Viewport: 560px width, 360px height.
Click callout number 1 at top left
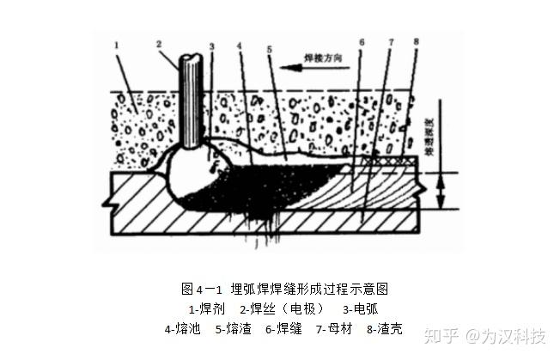point(119,41)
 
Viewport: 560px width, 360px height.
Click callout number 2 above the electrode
point(159,42)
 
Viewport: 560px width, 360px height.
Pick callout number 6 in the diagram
point(362,41)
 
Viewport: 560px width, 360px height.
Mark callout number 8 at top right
point(416,41)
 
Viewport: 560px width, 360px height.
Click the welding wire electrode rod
point(190,103)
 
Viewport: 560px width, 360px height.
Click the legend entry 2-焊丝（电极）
point(282,308)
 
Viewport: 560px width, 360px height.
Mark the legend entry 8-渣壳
point(383,328)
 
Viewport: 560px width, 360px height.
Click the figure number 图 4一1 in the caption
point(199,289)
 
